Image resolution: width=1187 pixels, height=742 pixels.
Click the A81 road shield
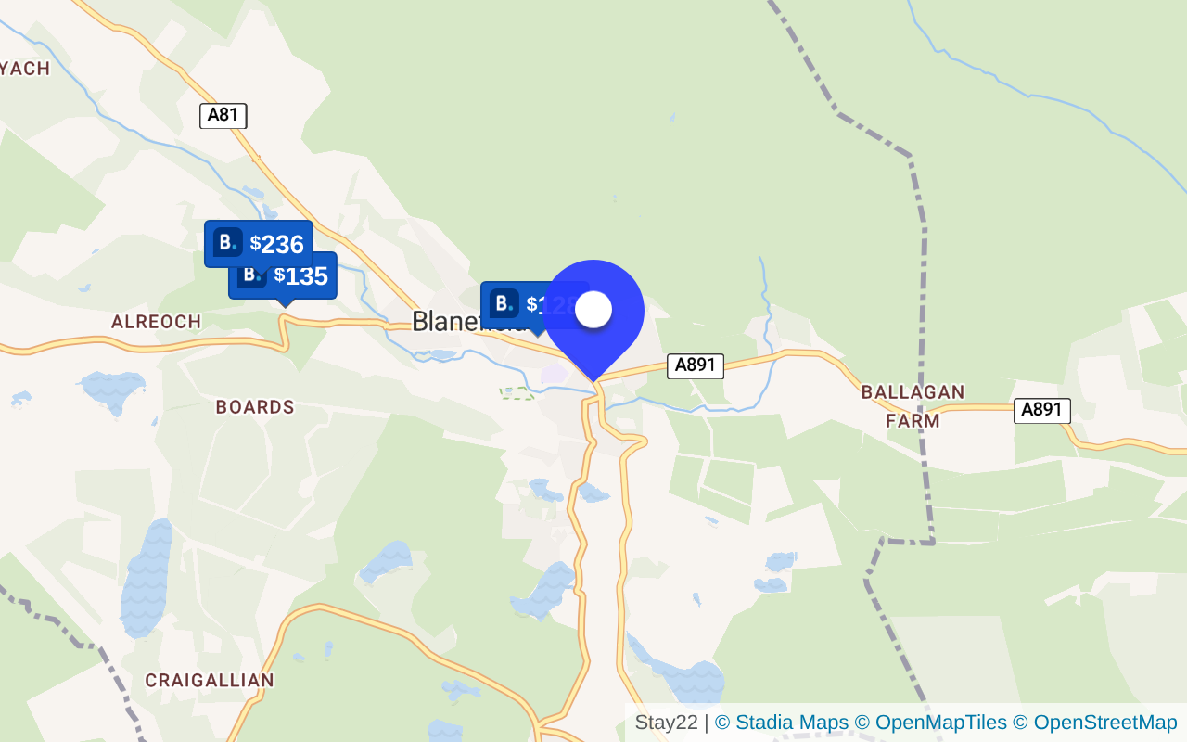[x=223, y=116]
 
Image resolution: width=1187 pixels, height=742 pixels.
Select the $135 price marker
[x=300, y=276]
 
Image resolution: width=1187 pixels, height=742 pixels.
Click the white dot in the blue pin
[x=593, y=309]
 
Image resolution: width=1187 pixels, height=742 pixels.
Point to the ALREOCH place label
[x=156, y=322]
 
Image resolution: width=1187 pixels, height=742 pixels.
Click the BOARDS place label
[x=255, y=407]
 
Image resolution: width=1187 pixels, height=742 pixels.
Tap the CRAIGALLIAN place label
[x=210, y=681]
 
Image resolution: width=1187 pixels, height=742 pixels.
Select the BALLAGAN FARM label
[x=913, y=406]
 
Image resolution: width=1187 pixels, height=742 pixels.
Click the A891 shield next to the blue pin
[x=696, y=365]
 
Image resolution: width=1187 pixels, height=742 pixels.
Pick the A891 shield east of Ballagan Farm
[x=1042, y=410]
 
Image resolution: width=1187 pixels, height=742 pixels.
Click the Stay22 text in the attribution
[x=666, y=723]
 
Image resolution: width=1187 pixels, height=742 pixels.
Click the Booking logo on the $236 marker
[x=227, y=243]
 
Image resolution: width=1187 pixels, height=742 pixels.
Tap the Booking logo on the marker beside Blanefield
[x=504, y=303]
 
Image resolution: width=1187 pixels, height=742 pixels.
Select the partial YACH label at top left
[x=25, y=69]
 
